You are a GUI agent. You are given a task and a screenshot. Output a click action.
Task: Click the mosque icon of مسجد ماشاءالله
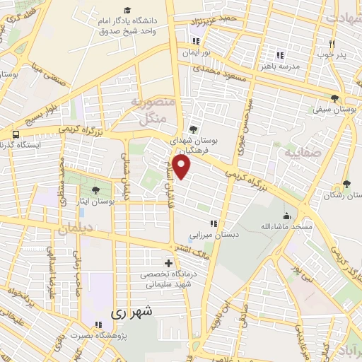pos(286,216)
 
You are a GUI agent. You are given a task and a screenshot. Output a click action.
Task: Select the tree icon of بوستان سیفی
pos(334,98)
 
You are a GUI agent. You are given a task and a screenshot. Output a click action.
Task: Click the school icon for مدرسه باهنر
pos(280,54)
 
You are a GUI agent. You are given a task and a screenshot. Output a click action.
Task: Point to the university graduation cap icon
pos(127,9)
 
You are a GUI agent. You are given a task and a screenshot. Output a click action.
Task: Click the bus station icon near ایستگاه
pos(14,133)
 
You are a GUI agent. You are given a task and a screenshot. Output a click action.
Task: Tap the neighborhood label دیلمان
pos(76,230)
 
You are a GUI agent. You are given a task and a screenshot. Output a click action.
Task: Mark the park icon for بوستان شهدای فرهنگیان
pos(192,129)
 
